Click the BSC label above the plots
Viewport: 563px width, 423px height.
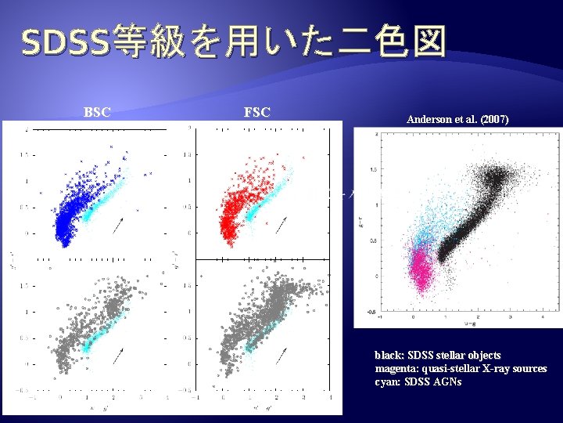click(97, 112)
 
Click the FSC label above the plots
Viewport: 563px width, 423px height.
click(256, 112)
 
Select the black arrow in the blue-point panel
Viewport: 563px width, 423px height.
click(117, 226)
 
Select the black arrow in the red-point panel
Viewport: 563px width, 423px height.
click(271, 226)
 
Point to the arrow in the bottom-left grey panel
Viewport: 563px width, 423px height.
click(117, 356)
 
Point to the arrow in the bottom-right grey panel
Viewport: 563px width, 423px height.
click(271, 356)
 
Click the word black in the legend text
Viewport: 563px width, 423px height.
click(389, 356)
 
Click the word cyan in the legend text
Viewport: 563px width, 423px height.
click(388, 381)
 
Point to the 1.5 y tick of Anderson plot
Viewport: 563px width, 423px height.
click(374, 168)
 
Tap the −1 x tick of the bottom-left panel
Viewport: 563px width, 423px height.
click(32, 399)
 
